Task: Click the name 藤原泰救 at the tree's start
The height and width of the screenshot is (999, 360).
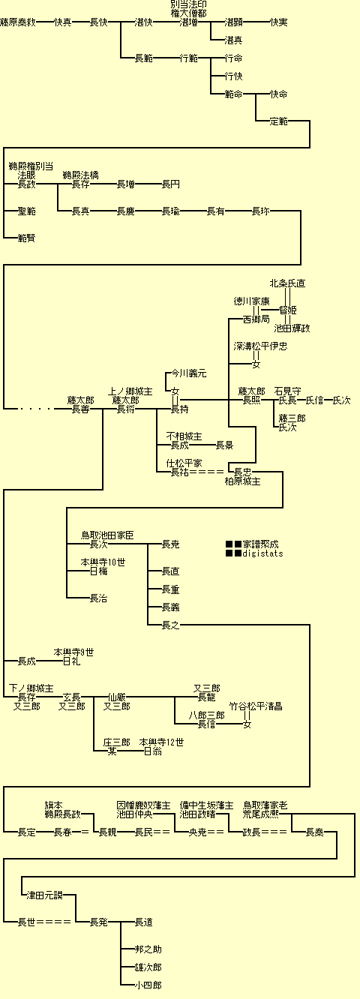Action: tap(18, 22)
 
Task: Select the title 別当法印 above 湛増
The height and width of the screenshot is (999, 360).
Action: tap(188, 4)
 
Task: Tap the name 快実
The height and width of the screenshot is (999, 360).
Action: tap(278, 22)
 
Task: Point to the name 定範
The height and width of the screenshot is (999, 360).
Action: tap(278, 121)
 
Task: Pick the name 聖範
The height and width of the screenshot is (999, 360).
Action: tap(26, 211)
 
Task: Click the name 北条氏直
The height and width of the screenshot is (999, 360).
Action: tap(287, 283)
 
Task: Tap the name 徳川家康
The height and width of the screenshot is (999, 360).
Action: tap(251, 301)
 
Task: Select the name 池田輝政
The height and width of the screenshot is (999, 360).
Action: tap(292, 328)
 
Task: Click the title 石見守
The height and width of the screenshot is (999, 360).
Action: tap(287, 391)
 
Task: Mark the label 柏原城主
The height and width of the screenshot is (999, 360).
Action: tap(242, 481)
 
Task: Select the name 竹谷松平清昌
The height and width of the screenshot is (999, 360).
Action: tap(256, 706)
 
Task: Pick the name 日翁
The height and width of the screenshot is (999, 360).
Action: tap(152, 751)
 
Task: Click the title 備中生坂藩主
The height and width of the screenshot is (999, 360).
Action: tap(206, 805)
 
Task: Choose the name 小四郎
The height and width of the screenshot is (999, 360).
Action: tap(148, 985)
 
